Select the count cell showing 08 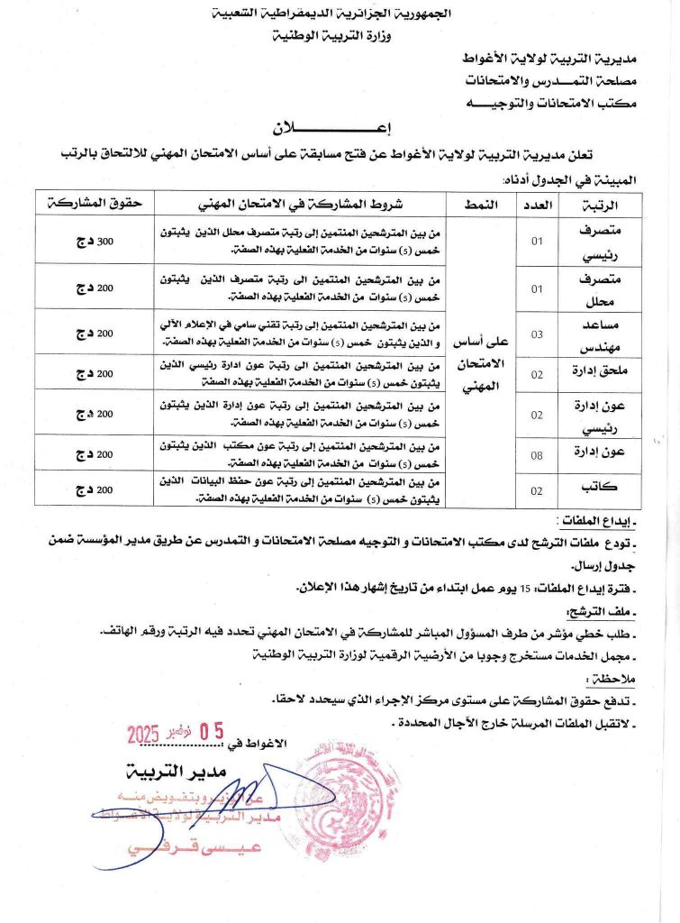(x=536, y=455)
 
